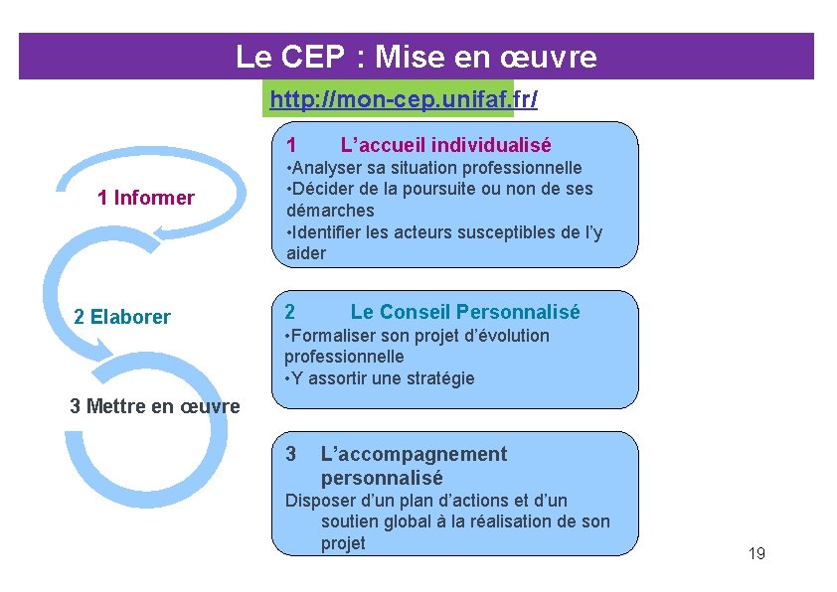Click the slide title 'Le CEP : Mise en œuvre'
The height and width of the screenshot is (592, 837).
(417, 57)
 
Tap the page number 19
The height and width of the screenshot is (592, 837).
(756, 553)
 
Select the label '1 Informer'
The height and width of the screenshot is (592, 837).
(146, 198)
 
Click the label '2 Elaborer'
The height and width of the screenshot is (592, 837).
(122, 317)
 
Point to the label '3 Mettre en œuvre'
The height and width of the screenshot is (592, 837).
(155, 406)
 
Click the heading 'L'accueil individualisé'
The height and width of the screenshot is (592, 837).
(445, 145)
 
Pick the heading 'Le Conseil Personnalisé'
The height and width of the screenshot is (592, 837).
(464, 312)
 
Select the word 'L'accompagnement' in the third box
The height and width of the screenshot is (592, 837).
(414, 454)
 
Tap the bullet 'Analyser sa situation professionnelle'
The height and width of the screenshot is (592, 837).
(434, 168)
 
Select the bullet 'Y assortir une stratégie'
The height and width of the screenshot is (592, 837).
(380, 377)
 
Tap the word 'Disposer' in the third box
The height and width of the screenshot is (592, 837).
(318, 501)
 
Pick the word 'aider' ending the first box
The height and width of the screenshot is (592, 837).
(305, 253)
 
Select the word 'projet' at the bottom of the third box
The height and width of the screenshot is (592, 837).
(343, 543)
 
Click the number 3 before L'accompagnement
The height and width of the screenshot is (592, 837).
(290, 454)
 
